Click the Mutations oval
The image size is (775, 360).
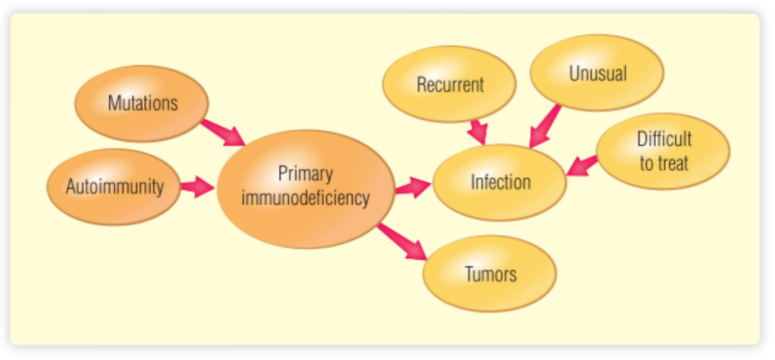click(142, 103)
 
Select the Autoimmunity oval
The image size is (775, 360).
click(114, 187)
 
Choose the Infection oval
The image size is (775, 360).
click(500, 182)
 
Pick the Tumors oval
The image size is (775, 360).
click(489, 273)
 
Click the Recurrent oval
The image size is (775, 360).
click(450, 85)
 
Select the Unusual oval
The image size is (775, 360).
click(597, 73)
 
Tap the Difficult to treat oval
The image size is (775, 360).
click(662, 151)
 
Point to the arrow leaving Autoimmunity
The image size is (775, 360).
click(197, 188)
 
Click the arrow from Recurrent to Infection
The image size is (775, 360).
click(477, 131)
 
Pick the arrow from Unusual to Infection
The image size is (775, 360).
click(545, 126)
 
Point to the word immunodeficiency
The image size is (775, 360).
click(306, 198)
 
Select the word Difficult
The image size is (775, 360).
click(664, 139)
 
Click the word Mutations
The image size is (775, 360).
click(142, 103)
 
